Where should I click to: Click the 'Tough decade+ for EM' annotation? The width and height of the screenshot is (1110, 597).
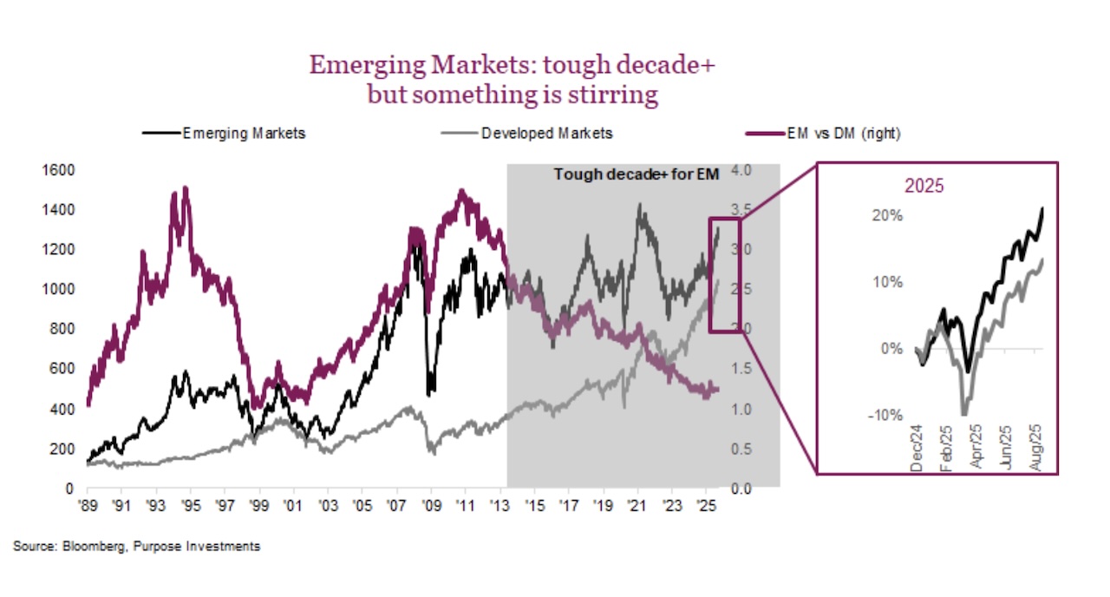[x=637, y=174]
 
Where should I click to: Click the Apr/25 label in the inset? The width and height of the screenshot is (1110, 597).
[x=974, y=447]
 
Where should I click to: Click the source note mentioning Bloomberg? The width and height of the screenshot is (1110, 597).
[x=136, y=547]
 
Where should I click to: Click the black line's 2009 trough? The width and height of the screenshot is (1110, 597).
[x=429, y=392]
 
